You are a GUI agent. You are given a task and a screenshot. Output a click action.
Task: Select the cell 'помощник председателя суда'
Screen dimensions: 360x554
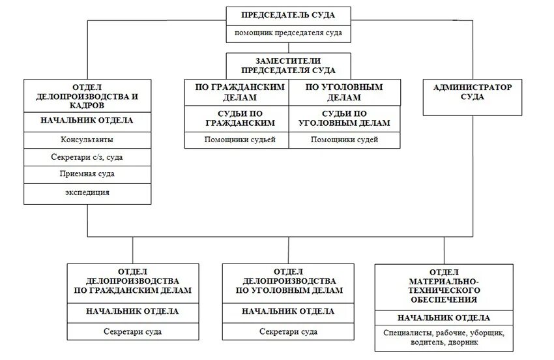pyautogui.click(x=289, y=33)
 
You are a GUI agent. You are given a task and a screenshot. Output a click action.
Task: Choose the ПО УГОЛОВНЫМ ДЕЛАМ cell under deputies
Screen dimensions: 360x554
pyautogui.click(x=343, y=92)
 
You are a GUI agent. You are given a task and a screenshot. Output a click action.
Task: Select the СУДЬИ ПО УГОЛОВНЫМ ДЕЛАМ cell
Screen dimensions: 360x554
pyautogui.click(x=343, y=118)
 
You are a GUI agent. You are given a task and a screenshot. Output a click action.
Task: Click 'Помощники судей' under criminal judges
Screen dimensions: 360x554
pyautogui.click(x=343, y=140)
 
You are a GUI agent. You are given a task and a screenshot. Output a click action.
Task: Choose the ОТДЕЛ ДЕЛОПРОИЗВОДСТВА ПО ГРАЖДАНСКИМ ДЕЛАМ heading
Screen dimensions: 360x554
pyautogui.click(x=132, y=281)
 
